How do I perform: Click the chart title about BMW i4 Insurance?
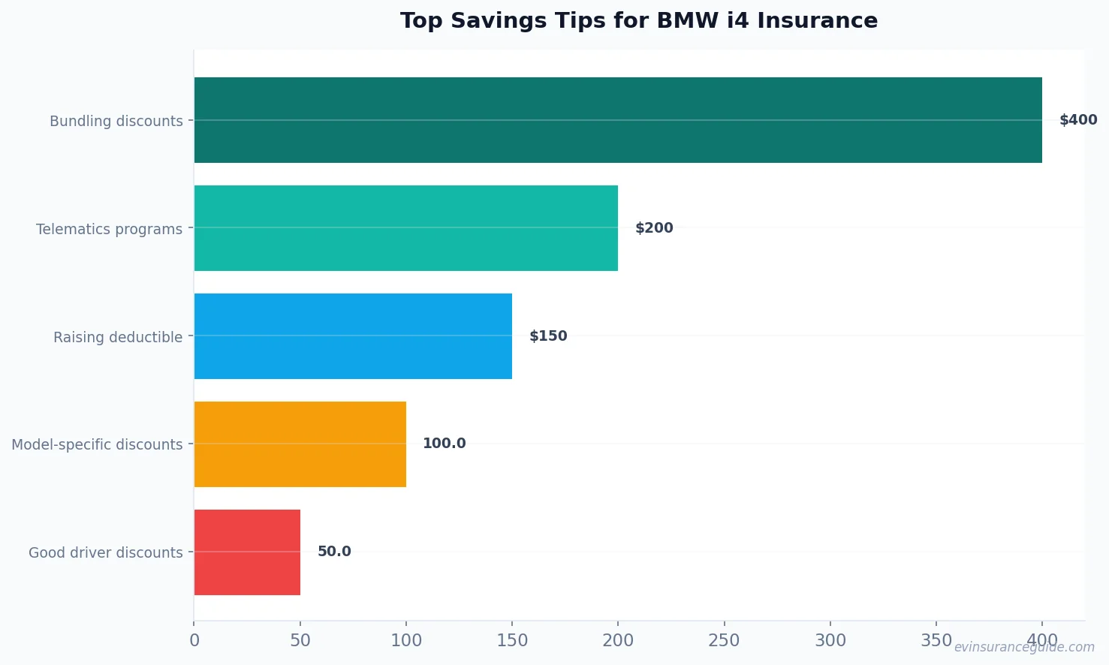(x=638, y=21)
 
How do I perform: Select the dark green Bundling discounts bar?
(x=617, y=120)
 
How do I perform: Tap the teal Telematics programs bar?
(x=405, y=228)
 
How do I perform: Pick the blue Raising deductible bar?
(x=353, y=336)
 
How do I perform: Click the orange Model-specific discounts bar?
(x=300, y=444)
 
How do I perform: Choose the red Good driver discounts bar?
(x=247, y=552)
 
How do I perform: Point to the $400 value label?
(x=1077, y=120)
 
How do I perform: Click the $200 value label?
(x=654, y=228)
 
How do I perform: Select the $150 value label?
(x=548, y=336)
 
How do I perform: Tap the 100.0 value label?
(x=444, y=444)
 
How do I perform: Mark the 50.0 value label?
(x=334, y=552)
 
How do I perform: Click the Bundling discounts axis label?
(x=116, y=121)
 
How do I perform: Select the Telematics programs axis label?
(x=109, y=229)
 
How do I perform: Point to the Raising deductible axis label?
(x=118, y=337)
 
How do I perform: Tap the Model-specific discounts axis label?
(x=97, y=444)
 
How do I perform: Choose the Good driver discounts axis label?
(x=106, y=552)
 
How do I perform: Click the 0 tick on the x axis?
(x=194, y=640)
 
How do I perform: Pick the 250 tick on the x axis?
(x=724, y=640)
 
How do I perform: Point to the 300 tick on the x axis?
(x=830, y=640)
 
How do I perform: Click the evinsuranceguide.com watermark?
(x=1024, y=647)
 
